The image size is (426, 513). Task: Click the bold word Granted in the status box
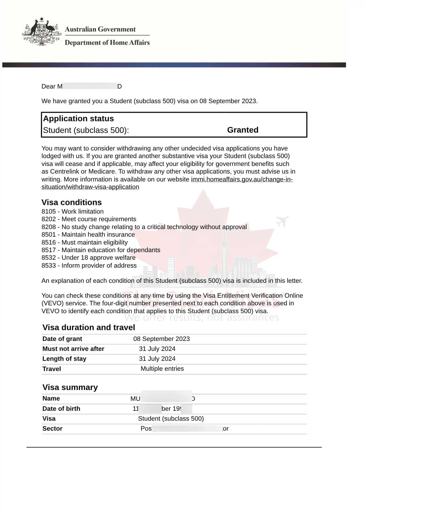[243, 130]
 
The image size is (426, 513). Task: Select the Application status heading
[78, 119]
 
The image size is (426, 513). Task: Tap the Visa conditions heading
[71, 202]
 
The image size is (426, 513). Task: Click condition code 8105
[49, 212]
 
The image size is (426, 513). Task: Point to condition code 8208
[49, 227]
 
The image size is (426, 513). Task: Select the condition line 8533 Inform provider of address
[89, 266]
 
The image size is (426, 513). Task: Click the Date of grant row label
[62, 339]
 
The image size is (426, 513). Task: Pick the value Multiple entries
[162, 369]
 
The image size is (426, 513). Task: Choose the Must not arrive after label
[73, 349]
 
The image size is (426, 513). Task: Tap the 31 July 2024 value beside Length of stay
[157, 359]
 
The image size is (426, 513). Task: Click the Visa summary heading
[70, 387]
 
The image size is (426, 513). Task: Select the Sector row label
[52, 429]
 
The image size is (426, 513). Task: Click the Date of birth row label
[61, 409]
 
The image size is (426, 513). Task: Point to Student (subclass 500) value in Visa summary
[171, 419]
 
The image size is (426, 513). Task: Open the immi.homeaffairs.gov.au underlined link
[242, 179]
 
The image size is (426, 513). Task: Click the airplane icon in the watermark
[282, 221]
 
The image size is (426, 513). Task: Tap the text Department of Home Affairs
[107, 43]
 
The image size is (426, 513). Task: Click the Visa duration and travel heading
[89, 327]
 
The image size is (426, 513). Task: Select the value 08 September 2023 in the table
[162, 339]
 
